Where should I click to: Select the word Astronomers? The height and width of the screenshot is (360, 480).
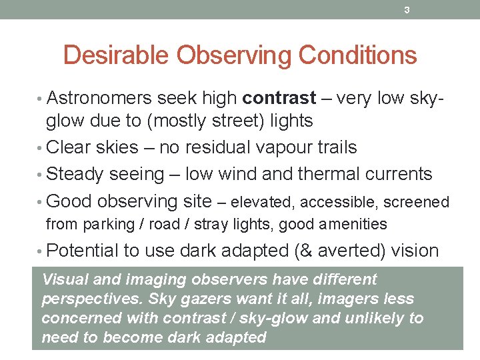(99, 99)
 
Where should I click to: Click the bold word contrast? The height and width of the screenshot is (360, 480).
(279, 99)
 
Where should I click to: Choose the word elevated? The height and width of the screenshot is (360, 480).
(258, 202)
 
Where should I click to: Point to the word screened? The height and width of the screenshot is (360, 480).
(416, 202)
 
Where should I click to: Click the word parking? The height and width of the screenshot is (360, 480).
(106, 225)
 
